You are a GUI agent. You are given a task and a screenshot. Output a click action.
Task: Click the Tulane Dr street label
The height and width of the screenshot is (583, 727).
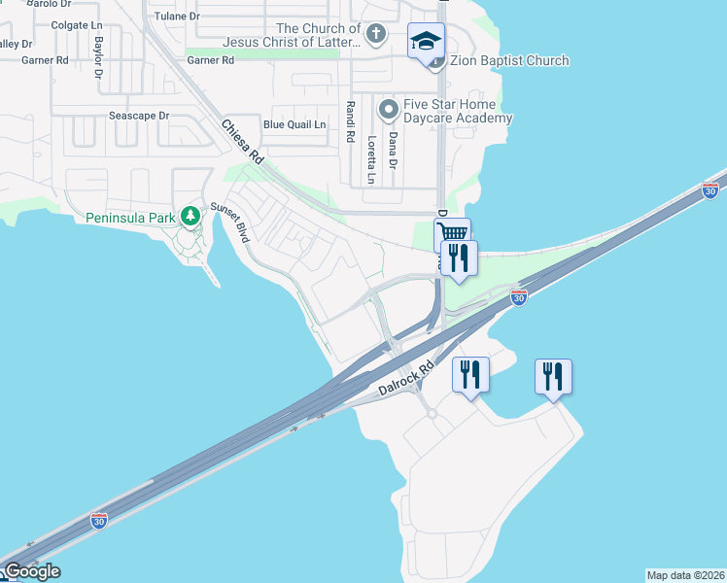(x=176, y=17)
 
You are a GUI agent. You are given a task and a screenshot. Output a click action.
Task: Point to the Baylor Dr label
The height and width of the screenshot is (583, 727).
(x=98, y=57)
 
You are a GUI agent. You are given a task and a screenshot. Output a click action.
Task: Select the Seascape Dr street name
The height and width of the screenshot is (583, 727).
(x=139, y=116)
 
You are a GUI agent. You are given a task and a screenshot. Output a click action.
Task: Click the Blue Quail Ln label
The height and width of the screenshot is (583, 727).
(x=294, y=124)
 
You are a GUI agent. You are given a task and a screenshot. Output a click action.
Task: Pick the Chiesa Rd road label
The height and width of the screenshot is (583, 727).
(x=243, y=141)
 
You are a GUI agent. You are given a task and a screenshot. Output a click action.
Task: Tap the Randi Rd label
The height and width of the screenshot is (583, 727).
(x=349, y=121)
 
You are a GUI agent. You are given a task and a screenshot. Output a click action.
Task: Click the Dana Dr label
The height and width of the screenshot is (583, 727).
(x=394, y=152)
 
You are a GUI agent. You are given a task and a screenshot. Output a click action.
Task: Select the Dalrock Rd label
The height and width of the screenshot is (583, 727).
(x=399, y=382)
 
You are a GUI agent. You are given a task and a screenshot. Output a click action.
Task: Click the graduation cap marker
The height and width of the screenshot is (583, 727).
(x=425, y=41)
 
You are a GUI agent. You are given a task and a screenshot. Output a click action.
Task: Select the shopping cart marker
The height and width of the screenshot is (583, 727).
(x=452, y=233)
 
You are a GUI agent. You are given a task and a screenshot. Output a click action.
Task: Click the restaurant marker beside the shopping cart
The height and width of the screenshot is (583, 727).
(x=459, y=257)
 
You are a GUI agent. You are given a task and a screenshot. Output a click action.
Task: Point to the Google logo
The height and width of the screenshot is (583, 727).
(x=31, y=571)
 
